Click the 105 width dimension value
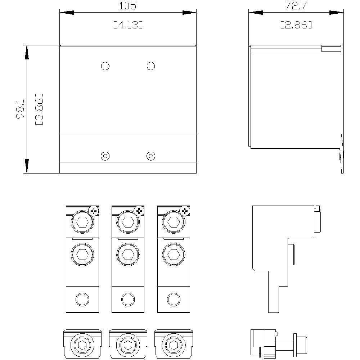(x=128, y=6)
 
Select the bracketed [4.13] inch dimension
(x=128, y=25)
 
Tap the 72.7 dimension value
(x=296, y=6)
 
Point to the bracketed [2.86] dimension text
(x=296, y=25)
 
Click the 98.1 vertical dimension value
(x=20, y=109)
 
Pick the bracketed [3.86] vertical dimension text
(x=39, y=109)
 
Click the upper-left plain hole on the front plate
(x=105, y=66)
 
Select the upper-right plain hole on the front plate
(x=151, y=66)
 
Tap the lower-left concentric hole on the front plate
(x=105, y=156)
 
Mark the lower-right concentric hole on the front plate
(x=151, y=156)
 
